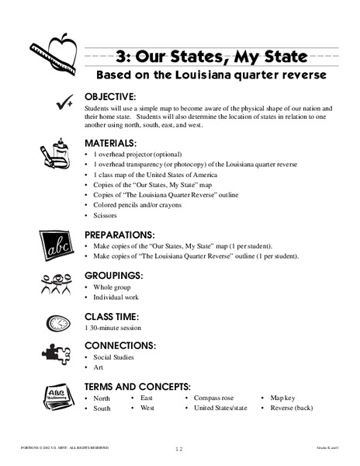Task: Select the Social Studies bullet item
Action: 114,357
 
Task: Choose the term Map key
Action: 284,397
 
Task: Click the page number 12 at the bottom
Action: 180,449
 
